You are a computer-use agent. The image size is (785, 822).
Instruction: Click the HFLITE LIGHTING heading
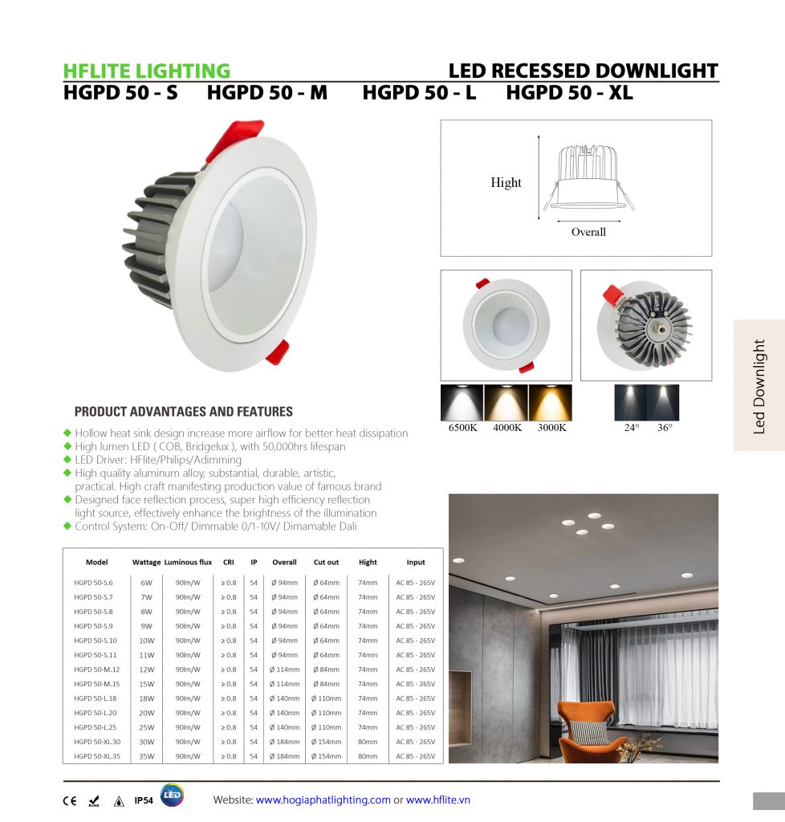pyautogui.click(x=146, y=71)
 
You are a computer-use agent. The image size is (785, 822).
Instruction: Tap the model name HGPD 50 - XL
pyautogui.click(x=569, y=93)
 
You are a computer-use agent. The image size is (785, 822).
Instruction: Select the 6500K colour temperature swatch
pyautogui.click(x=462, y=403)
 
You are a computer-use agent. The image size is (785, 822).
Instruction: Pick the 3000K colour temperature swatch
pyautogui.click(x=551, y=403)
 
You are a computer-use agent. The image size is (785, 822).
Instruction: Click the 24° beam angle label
pyautogui.click(x=631, y=428)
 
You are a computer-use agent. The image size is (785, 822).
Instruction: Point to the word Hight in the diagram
pyautogui.click(x=506, y=183)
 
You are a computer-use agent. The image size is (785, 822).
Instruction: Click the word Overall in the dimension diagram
pyautogui.click(x=588, y=232)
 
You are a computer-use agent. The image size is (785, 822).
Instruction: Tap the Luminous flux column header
pyautogui.click(x=188, y=563)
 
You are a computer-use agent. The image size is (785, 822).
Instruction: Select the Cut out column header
pyautogui.click(x=326, y=563)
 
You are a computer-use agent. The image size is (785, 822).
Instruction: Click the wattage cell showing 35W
pyautogui.click(x=146, y=756)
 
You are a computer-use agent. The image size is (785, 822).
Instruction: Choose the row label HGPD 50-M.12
pyautogui.click(x=96, y=669)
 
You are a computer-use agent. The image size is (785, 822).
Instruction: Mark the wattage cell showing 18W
pyautogui.click(x=146, y=698)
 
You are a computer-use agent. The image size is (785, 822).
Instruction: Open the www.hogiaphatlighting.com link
pyautogui.click(x=323, y=800)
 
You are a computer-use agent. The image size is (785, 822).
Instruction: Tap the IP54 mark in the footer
pyautogui.click(x=144, y=800)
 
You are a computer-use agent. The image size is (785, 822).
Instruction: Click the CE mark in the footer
pyautogui.click(x=70, y=800)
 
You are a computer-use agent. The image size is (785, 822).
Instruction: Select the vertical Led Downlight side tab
pyautogui.click(x=759, y=385)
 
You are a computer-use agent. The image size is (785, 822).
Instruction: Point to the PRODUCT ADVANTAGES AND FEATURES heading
pyautogui.click(x=183, y=412)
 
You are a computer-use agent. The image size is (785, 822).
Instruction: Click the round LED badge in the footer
pyautogui.click(x=172, y=795)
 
